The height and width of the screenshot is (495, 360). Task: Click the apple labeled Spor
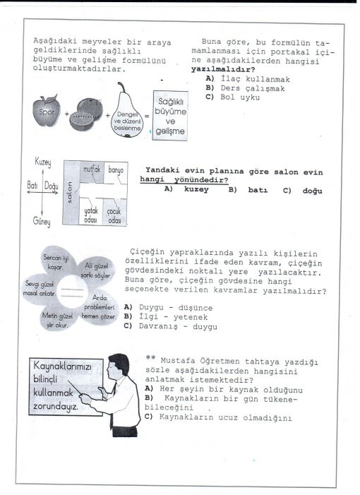click(x=47, y=110)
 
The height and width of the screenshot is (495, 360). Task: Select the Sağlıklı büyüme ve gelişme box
click(x=170, y=116)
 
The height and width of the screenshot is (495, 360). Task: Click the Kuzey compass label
click(x=43, y=162)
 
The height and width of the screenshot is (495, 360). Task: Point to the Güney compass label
click(x=42, y=222)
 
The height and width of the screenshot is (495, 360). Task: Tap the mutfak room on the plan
click(x=92, y=172)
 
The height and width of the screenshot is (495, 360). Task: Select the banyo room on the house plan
click(x=116, y=172)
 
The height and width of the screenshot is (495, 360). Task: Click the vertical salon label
click(x=70, y=192)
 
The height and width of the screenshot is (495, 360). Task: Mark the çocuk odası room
click(x=115, y=212)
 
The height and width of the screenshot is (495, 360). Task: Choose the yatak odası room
click(x=91, y=212)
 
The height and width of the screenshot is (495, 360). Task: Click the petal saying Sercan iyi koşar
click(x=56, y=262)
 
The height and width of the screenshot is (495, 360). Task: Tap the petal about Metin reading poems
click(x=57, y=319)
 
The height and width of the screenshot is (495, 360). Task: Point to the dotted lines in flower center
click(x=72, y=292)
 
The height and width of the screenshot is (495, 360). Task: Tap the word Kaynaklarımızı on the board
click(x=63, y=366)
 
